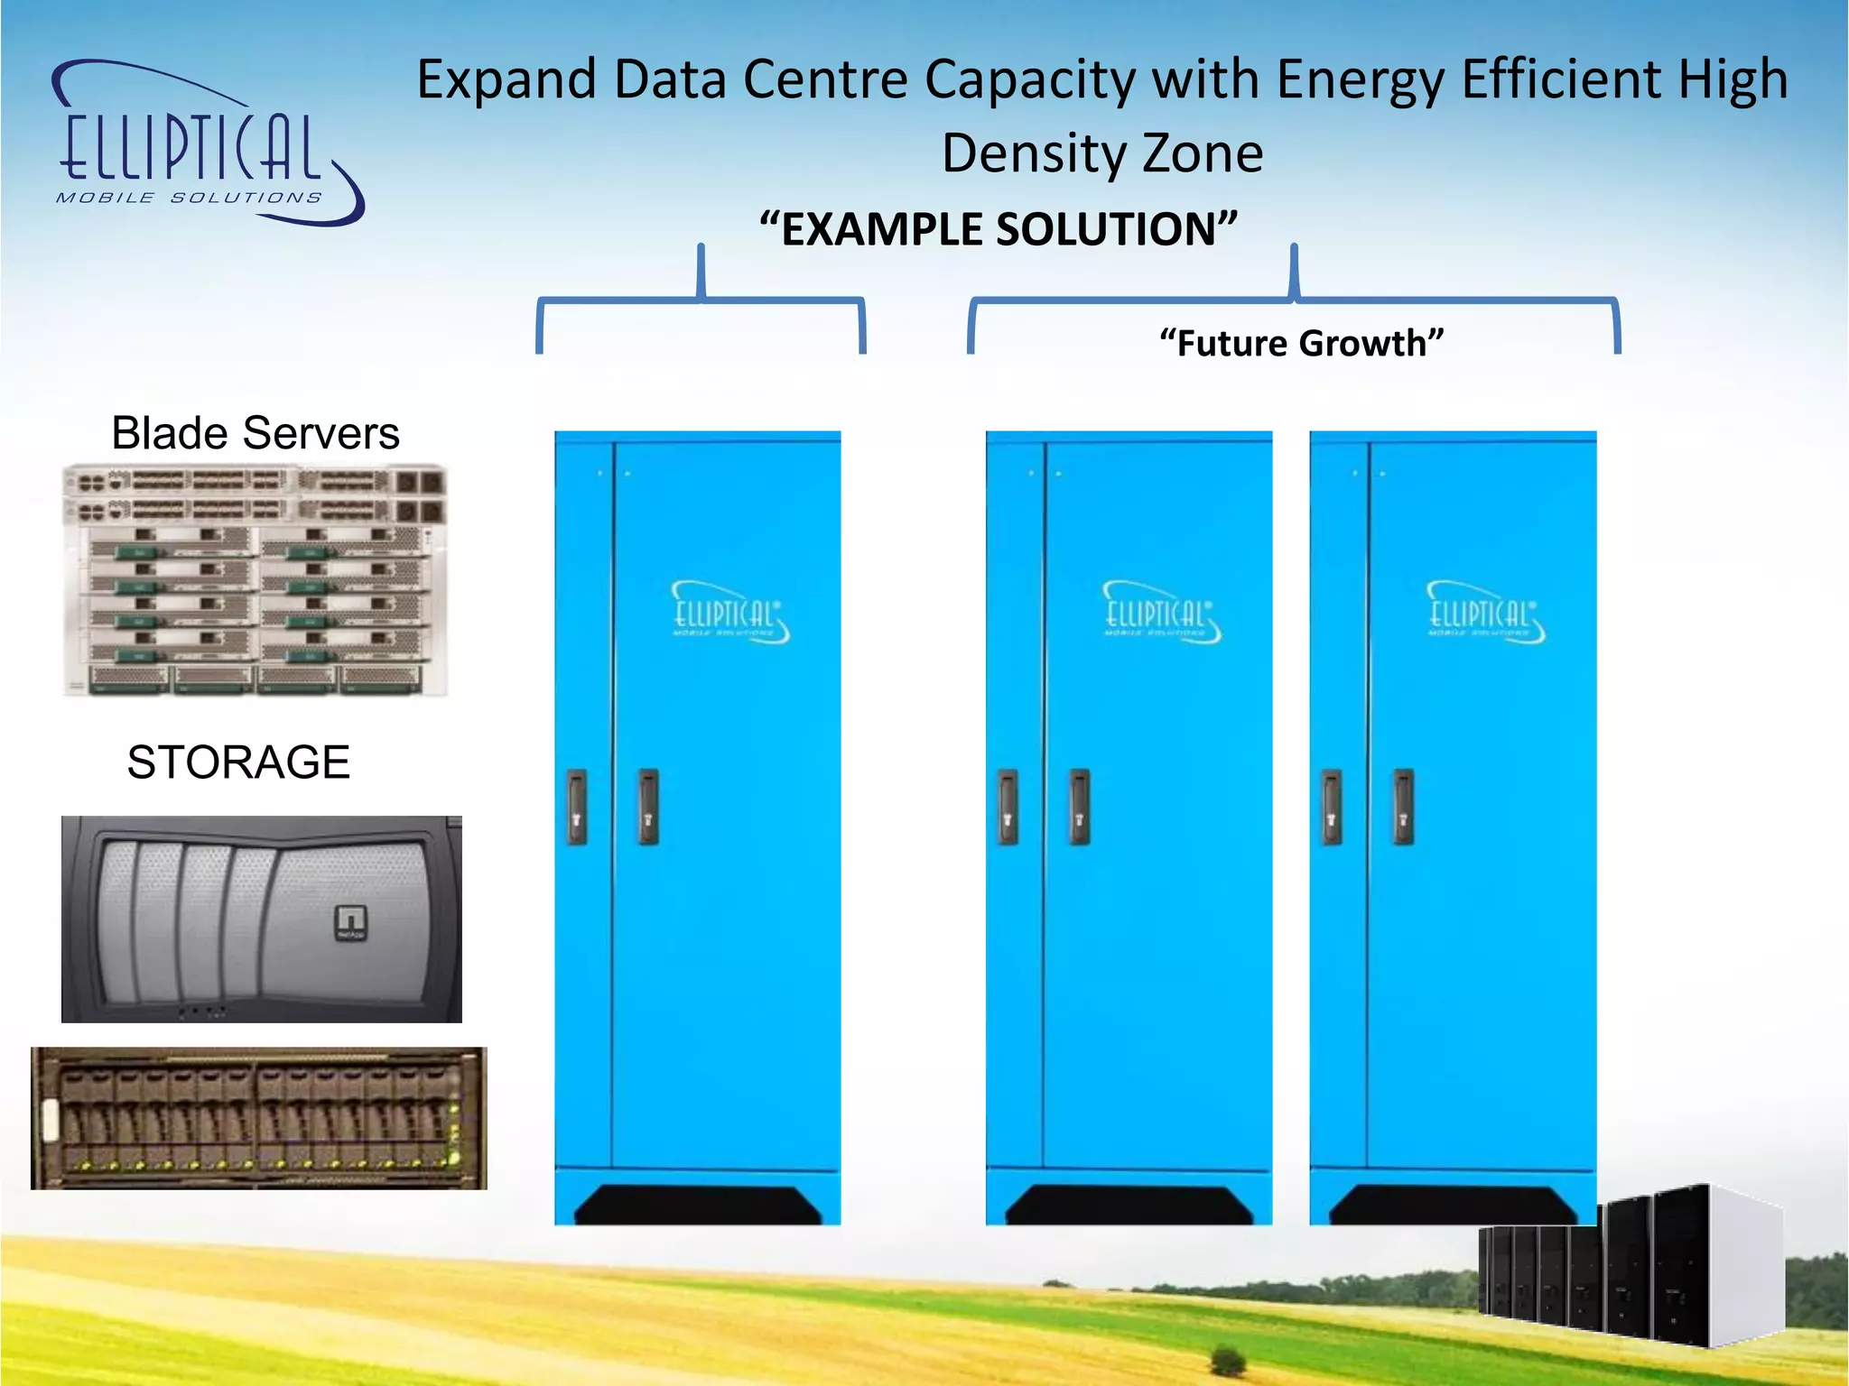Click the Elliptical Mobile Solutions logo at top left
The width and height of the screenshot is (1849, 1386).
[208, 144]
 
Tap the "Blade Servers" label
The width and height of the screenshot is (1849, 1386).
[256, 433]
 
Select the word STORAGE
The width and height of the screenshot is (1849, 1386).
[238, 762]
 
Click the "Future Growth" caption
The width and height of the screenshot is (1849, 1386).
[1301, 344]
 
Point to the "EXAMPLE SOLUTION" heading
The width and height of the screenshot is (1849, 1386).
[998, 229]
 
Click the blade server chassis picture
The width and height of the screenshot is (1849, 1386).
[256, 580]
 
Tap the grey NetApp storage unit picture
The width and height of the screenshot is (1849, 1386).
[262, 919]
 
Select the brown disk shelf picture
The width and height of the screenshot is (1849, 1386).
[259, 1118]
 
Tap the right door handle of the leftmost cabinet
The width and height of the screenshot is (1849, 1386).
[648, 807]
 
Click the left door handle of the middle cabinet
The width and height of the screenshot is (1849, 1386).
[1008, 807]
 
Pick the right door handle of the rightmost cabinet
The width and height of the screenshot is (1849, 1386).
[1403, 807]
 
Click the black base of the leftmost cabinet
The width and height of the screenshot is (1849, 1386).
[697, 1205]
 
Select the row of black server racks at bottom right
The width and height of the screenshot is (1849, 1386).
[1630, 1268]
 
